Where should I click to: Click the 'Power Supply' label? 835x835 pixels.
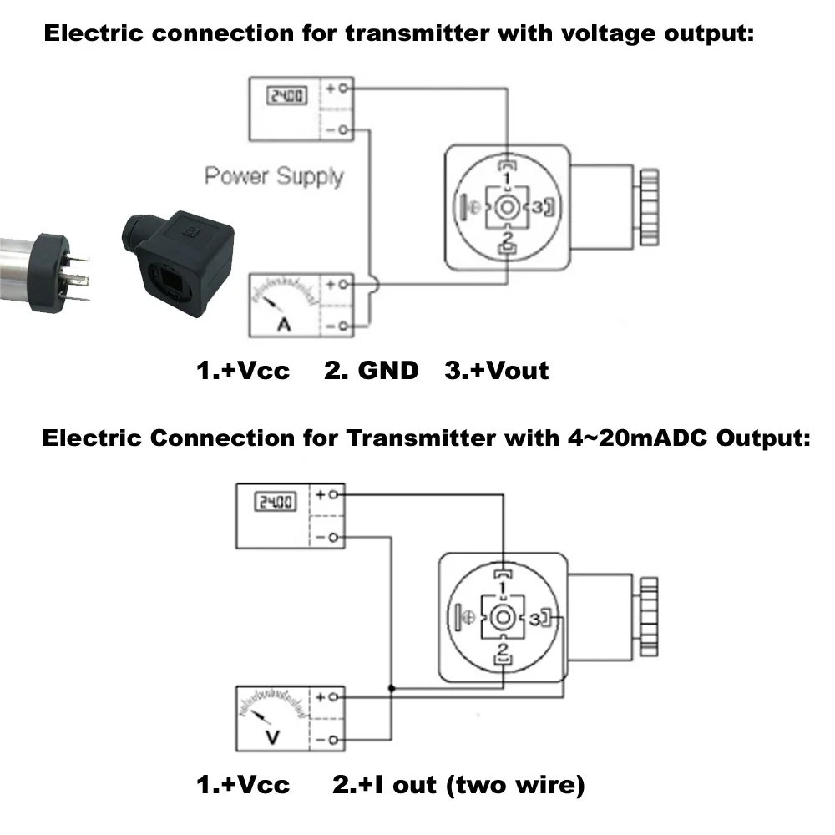coord(274,176)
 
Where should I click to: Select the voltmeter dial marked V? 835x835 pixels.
coord(271,717)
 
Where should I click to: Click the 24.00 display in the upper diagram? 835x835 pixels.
coord(285,95)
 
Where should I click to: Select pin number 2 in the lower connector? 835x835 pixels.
coord(503,650)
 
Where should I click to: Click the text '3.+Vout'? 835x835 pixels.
coord(497,370)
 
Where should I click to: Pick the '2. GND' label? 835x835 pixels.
coord(371,370)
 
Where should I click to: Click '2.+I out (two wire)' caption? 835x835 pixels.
coord(458,785)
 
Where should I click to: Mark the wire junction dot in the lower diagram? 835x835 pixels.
coord(392,689)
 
